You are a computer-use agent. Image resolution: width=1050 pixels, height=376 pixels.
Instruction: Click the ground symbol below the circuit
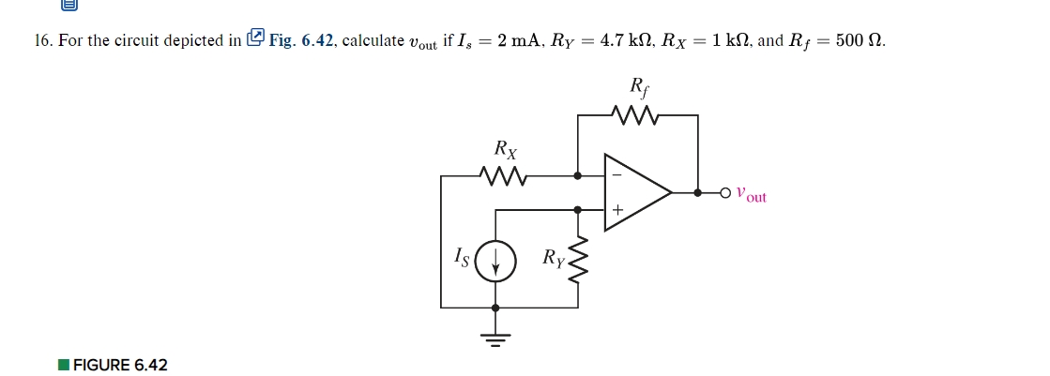tap(495, 335)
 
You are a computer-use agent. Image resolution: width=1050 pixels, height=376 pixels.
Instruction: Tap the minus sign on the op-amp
tap(616, 174)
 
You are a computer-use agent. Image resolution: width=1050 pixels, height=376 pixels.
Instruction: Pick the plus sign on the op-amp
tap(617, 211)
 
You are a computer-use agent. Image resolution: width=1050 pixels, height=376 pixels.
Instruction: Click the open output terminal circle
tap(725, 192)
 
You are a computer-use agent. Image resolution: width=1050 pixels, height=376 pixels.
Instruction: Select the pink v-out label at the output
tap(751, 194)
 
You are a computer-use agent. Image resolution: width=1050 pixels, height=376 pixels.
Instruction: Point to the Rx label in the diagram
tap(505, 149)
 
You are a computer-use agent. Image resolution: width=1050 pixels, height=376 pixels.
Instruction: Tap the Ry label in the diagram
tap(554, 257)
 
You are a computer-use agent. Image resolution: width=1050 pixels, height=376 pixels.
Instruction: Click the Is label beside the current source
tap(461, 254)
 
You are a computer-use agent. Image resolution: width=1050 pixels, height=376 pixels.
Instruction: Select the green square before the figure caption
tap(63, 364)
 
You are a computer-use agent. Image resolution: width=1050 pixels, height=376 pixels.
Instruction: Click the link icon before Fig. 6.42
tap(255, 39)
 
